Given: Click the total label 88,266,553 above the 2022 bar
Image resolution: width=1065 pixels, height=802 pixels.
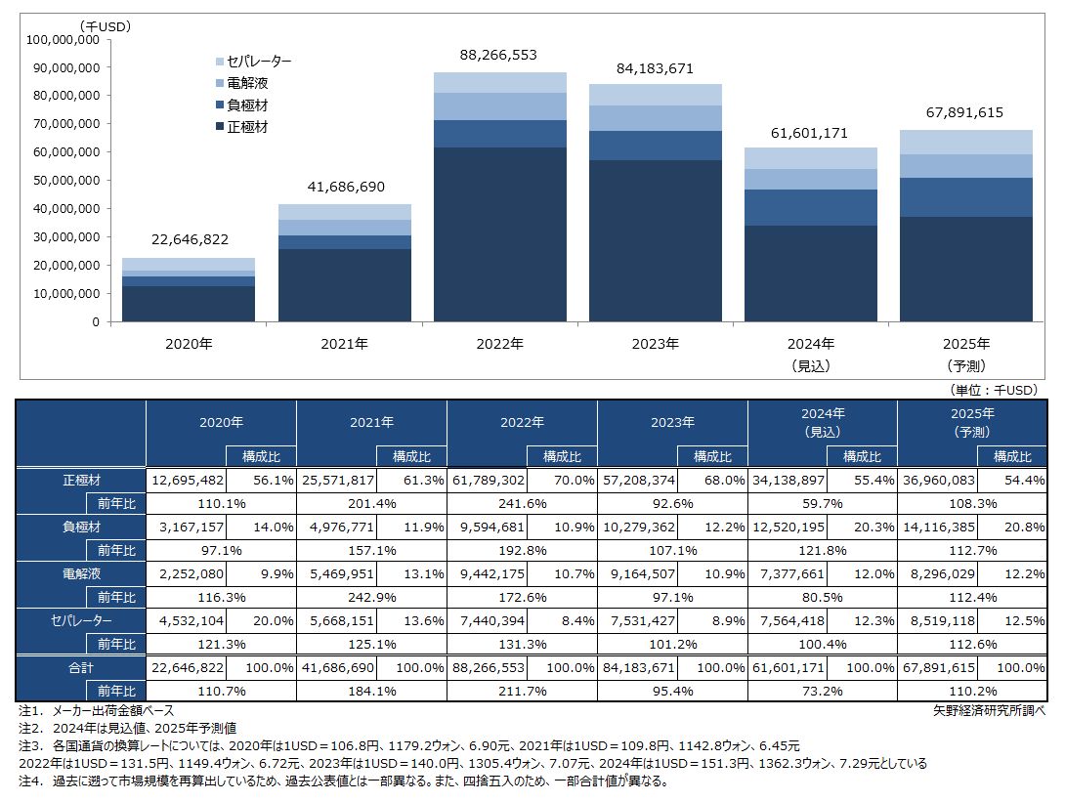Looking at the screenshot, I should [x=499, y=56].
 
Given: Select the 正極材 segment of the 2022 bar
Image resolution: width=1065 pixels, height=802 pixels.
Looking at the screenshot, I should [x=499, y=234].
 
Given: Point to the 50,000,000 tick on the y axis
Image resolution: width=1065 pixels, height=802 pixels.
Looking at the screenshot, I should [x=66, y=181].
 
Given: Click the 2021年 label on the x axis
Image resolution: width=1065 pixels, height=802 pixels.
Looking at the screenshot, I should [x=344, y=344].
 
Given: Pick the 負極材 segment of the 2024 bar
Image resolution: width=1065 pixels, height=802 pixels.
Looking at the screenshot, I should [x=810, y=207].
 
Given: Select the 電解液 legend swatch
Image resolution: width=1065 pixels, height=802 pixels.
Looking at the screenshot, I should [x=219, y=83].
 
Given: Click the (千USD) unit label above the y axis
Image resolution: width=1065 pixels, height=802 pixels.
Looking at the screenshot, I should [x=106, y=26].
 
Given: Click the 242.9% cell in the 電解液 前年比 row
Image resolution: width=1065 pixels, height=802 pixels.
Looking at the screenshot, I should [x=371, y=597].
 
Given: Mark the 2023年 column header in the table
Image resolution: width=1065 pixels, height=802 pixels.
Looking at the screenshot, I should [x=672, y=423].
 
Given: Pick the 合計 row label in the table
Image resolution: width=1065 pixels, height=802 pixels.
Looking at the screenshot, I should [x=82, y=666].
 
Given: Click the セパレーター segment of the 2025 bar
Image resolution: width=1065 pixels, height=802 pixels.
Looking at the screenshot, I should [x=965, y=142].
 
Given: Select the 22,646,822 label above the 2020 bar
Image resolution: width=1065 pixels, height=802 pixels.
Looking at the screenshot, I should [x=189, y=239].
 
